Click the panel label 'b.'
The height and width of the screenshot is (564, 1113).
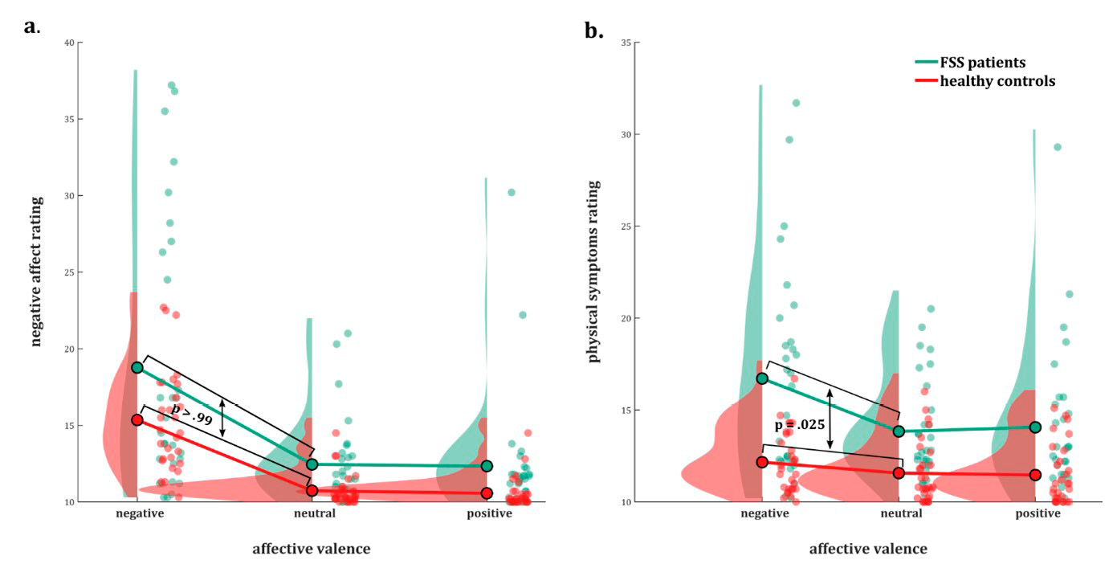[594, 31]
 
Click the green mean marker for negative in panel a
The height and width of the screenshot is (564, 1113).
[137, 367]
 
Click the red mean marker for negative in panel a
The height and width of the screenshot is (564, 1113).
[137, 419]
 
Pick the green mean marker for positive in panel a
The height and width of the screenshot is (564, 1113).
[487, 466]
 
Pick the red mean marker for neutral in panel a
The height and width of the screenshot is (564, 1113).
[312, 490]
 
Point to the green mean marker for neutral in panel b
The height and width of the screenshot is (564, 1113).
[899, 431]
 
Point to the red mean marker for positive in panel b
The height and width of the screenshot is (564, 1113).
[1035, 475]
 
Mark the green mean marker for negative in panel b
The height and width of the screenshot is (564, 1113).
[762, 378]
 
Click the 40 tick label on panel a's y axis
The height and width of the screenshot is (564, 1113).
[70, 43]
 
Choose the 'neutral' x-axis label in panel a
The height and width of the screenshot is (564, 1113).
[311, 514]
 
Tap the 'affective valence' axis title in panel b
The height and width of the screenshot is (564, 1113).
[868, 550]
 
